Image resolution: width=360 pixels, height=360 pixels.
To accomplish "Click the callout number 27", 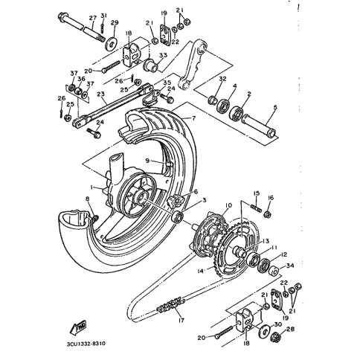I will coord(93,17).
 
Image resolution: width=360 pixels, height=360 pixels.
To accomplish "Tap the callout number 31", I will coord(104,17).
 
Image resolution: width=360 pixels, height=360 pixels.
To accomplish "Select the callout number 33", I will coord(163,56).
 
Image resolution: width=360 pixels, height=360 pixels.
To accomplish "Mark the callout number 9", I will coord(147,160).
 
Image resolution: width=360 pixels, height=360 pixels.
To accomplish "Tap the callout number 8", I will coord(86,199).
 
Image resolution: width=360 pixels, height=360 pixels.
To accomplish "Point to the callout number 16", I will coord(270,197).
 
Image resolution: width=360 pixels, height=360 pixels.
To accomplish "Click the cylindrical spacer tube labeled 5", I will coord(260,126).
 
